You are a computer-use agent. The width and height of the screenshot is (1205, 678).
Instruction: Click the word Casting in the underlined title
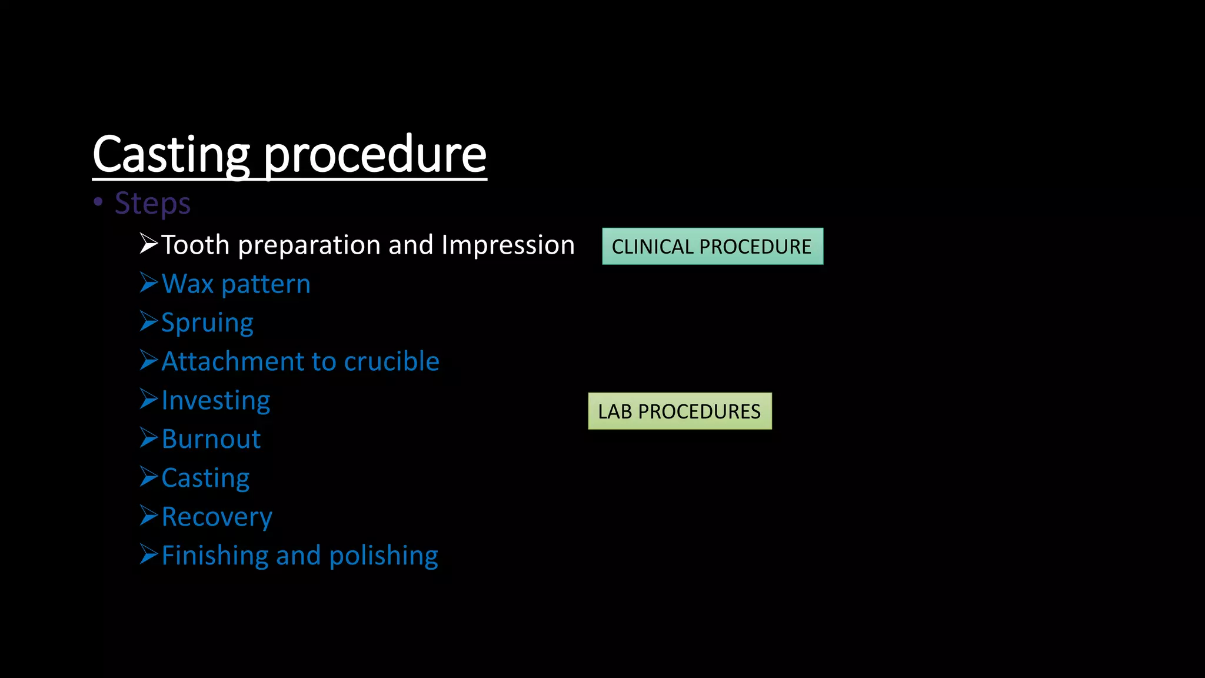pos(171,154)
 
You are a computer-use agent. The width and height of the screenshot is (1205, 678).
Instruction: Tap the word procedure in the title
pos(375,154)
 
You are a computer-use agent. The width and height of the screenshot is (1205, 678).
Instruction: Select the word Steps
pos(152,203)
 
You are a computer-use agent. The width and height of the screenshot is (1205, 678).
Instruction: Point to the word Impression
pos(508,245)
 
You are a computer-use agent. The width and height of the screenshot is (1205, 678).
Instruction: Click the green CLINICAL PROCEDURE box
pos(712,246)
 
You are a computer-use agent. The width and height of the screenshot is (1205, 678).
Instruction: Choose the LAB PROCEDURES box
pos(680,411)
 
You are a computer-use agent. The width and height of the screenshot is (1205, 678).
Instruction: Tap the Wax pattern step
pos(236,284)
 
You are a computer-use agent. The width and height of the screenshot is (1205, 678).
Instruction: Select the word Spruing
pos(207,323)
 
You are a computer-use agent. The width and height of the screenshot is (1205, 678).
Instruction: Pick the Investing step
pos(216,400)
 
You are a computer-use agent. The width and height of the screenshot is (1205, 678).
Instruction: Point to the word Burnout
pos(211,439)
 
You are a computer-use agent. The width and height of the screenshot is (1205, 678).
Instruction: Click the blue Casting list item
pos(205,478)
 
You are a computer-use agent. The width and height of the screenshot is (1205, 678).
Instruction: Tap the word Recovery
pos(217,517)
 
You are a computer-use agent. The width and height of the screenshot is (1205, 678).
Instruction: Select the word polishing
pos(383,556)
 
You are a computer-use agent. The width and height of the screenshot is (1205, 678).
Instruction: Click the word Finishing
pos(217,556)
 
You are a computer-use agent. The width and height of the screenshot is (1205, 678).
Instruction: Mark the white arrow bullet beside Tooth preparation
pos(149,244)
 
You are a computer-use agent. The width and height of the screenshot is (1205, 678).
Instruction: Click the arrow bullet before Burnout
pos(149,438)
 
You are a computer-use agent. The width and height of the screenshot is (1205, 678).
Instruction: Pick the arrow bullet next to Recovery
pos(149,516)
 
